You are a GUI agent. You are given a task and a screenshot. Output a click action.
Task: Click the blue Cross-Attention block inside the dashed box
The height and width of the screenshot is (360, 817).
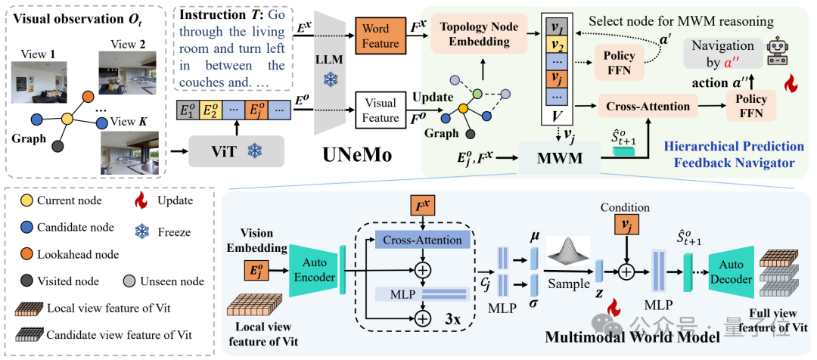[x=423, y=241]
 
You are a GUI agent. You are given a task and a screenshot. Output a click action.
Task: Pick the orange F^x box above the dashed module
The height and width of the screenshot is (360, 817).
[x=421, y=204]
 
